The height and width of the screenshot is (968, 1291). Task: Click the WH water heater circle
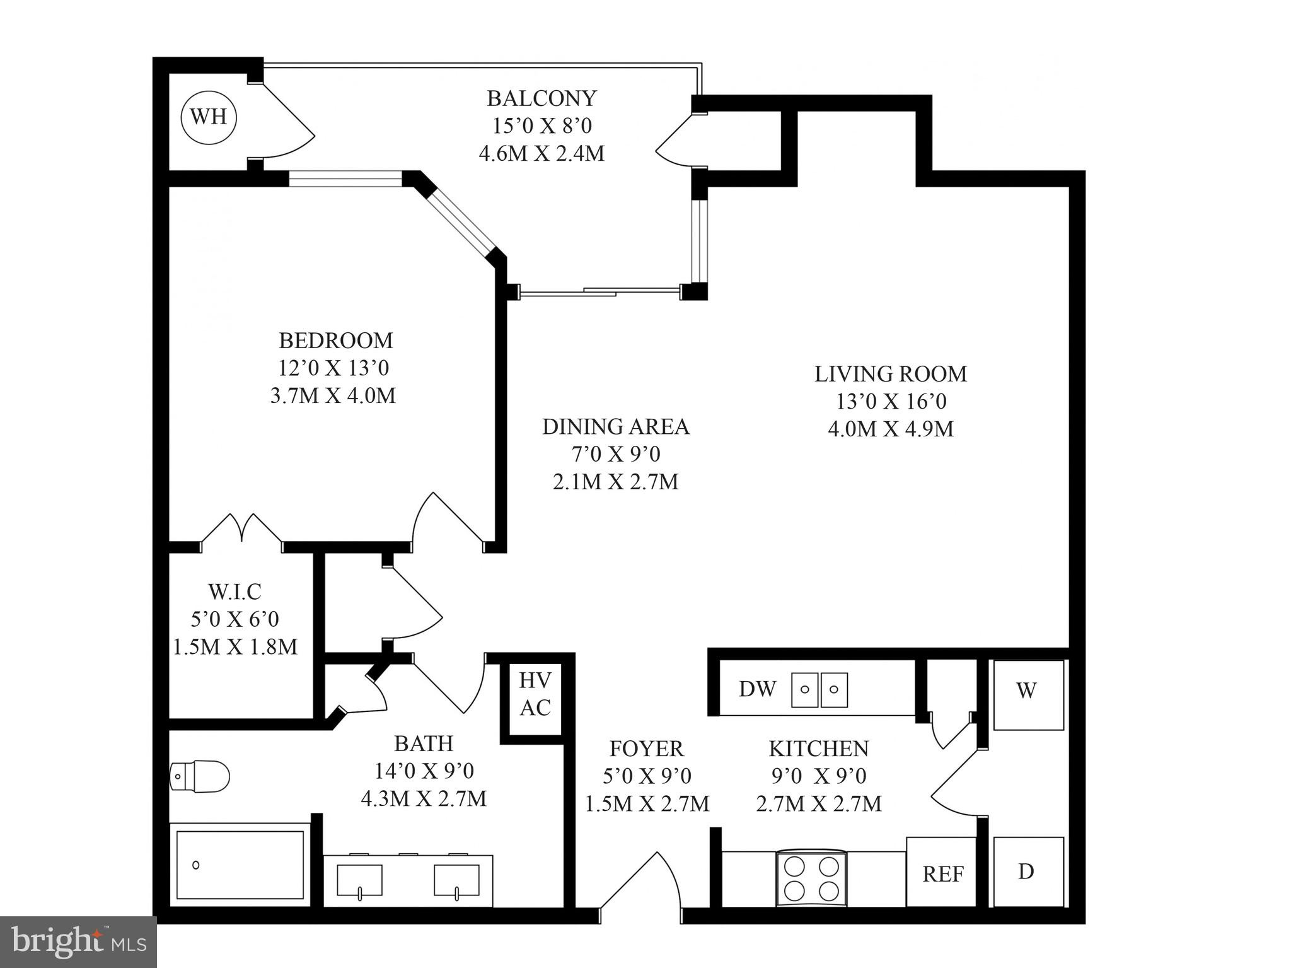(x=209, y=117)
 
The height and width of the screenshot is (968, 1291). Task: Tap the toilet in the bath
(x=200, y=775)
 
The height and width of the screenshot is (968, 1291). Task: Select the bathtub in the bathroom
(x=240, y=865)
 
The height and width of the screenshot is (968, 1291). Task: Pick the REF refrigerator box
(x=942, y=873)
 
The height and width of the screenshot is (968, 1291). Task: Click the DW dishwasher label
(x=757, y=689)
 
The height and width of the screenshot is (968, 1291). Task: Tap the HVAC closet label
(x=535, y=694)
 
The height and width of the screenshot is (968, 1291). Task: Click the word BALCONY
(x=541, y=98)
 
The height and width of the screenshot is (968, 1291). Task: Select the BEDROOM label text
(x=335, y=341)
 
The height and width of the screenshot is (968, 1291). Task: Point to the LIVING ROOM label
(x=890, y=374)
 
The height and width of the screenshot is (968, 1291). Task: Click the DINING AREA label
(x=615, y=427)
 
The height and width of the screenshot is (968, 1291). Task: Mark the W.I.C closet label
(x=234, y=592)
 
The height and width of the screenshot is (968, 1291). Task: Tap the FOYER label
(x=646, y=749)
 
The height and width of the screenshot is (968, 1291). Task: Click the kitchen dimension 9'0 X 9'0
(x=818, y=776)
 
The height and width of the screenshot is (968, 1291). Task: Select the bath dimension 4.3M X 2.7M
(x=423, y=799)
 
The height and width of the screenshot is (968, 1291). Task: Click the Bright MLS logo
(x=78, y=942)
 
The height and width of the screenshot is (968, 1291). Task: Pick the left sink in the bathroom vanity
(x=359, y=880)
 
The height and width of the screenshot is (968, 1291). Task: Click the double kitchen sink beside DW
(x=819, y=689)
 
